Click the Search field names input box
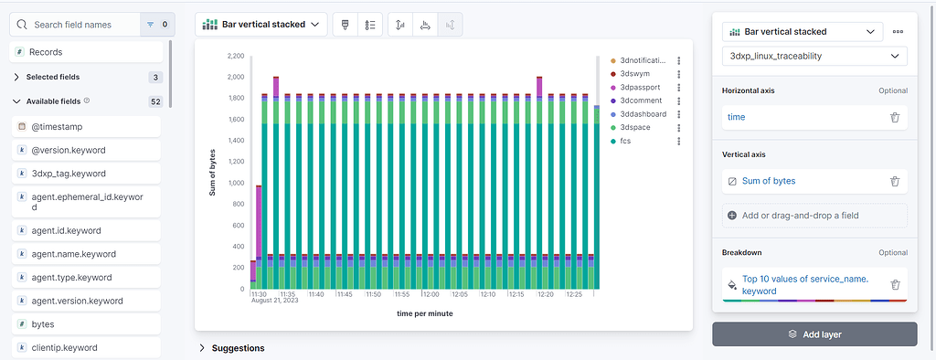tap(82, 25)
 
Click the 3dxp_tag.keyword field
tap(69, 173)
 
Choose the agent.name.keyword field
tap(73, 253)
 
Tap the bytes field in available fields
tap(43, 323)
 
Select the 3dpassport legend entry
tap(640, 87)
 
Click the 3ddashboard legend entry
tap(643, 114)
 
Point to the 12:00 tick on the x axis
tap(431, 294)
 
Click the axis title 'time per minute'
tap(424, 313)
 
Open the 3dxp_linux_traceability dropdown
tap(814, 57)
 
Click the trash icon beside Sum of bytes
tap(895, 181)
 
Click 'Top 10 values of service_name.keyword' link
tap(804, 285)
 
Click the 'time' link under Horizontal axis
tap(736, 117)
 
